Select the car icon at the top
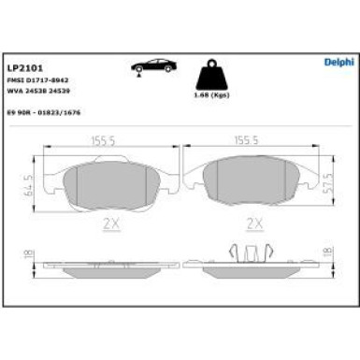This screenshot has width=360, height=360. pyautogui.click(x=155, y=68)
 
